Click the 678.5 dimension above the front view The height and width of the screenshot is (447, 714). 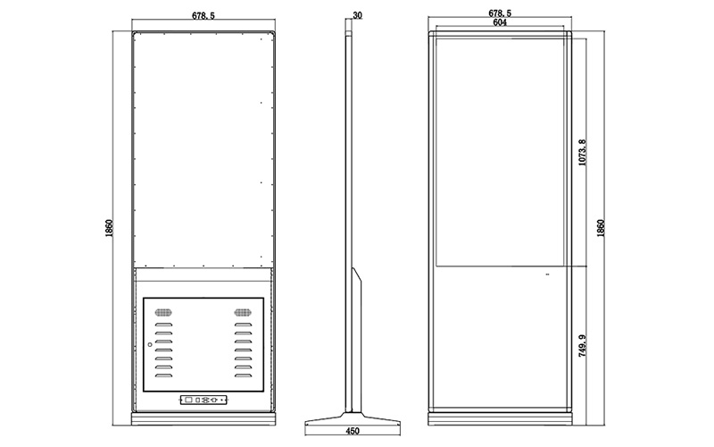[x=500, y=14]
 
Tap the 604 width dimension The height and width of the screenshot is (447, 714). [x=500, y=25]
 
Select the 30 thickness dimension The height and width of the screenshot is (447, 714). [x=358, y=15]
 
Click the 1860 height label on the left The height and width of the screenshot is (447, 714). [x=108, y=228]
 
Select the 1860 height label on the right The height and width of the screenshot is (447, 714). [x=601, y=228]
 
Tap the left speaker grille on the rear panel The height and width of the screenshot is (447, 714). [x=162, y=313]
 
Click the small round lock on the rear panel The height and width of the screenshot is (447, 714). [x=150, y=345]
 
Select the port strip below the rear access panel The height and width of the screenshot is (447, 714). [x=203, y=401]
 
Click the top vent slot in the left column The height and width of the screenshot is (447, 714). [x=163, y=325]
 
